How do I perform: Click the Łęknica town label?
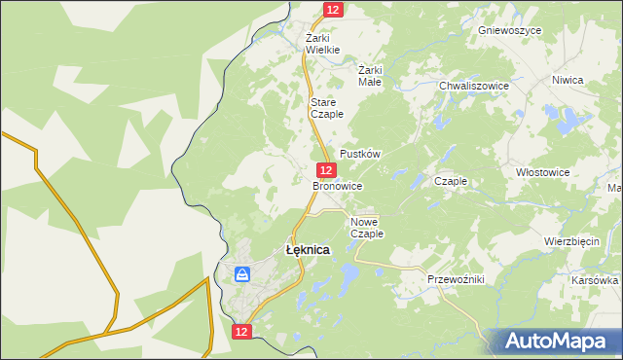click(x=308, y=250)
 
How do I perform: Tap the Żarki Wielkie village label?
click(x=322, y=44)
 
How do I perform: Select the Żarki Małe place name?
click(x=370, y=76)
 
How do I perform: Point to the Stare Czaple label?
click(x=324, y=108)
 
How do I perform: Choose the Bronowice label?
click(x=338, y=185)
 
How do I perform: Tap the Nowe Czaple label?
click(x=367, y=228)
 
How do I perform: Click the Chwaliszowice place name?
click(x=474, y=86)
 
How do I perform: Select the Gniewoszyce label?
click(x=509, y=30)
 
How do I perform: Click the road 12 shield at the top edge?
click(x=333, y=9)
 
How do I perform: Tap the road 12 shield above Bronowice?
click(x=327, y=170)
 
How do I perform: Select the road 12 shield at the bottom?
click(x=242, y=332)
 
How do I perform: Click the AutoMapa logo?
click(x=554, y=341)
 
